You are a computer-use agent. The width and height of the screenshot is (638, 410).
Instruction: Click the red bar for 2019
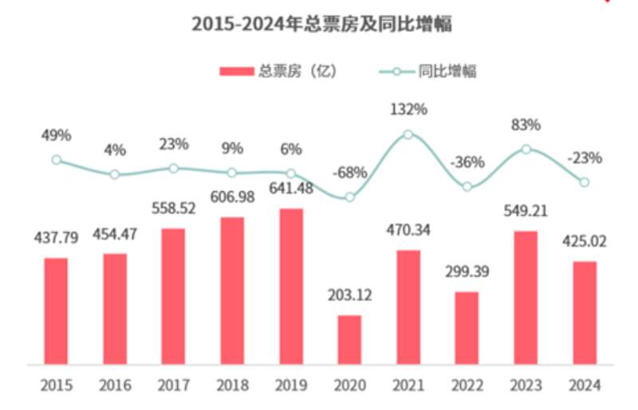291,287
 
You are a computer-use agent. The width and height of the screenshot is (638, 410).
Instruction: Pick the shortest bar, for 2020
349,340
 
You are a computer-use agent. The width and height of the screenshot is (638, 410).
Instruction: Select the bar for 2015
56,311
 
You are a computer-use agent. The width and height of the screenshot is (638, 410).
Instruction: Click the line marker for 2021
408,135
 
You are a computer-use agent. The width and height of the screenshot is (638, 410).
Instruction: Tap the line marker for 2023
526,149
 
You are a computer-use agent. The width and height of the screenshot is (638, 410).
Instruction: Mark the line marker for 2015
56,159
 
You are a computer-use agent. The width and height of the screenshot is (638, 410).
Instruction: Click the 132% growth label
408,110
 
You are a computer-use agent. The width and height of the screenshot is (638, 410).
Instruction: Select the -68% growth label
351,172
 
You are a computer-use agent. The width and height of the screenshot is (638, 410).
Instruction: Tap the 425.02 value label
585,241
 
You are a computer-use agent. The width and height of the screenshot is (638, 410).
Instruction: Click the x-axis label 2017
174,386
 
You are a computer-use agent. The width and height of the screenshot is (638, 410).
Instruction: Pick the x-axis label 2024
585,386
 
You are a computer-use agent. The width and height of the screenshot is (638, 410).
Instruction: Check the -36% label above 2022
467,162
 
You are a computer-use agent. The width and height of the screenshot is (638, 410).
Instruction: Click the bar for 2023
526,298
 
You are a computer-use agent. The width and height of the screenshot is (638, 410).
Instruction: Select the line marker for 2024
585,182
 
